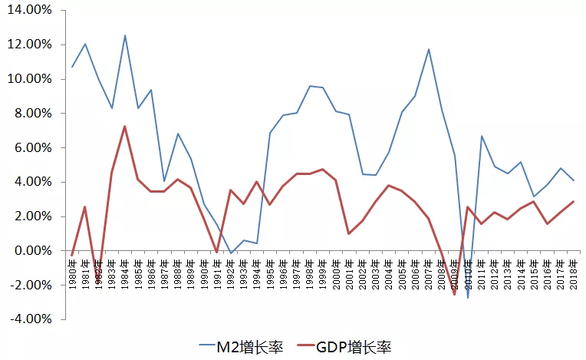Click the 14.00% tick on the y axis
click(31, 10)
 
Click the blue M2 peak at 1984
click(125, 35)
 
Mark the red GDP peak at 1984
click(125, 127)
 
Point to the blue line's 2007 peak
click(428, 49)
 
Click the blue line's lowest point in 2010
click(468, 297)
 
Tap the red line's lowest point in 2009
click(455, 294)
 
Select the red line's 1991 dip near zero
click(217, 252)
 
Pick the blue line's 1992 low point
click(230, 253)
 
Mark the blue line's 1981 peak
click(85, 44)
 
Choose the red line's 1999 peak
click(323, 169)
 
